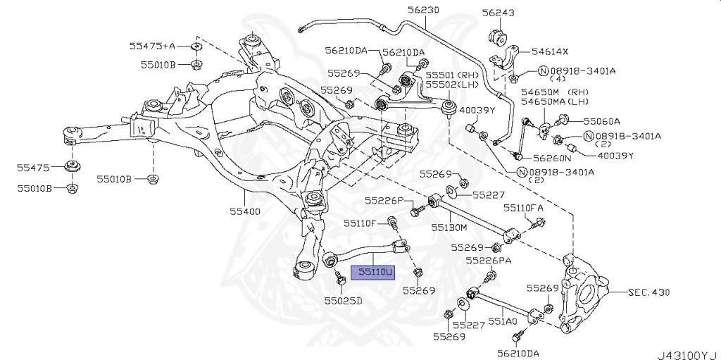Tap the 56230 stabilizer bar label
[422, 11]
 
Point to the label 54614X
[550, 52]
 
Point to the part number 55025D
[343, 301]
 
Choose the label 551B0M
[449, 228]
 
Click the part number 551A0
[503, 321]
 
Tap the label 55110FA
[523, 208]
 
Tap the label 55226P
[384, 201]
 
